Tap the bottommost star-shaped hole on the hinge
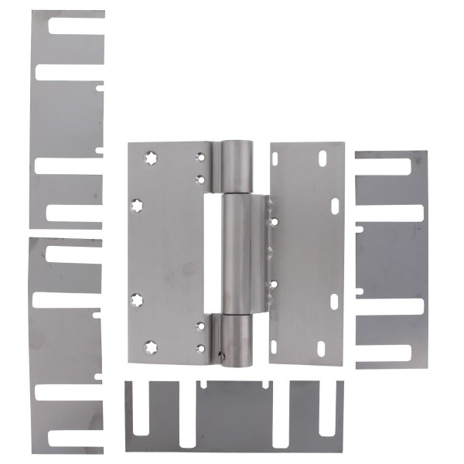[148, 345]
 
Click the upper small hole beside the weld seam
[273, 221]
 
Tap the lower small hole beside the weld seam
[273, 284]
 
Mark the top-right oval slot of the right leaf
[319, 159]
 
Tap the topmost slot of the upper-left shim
[73, 25]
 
